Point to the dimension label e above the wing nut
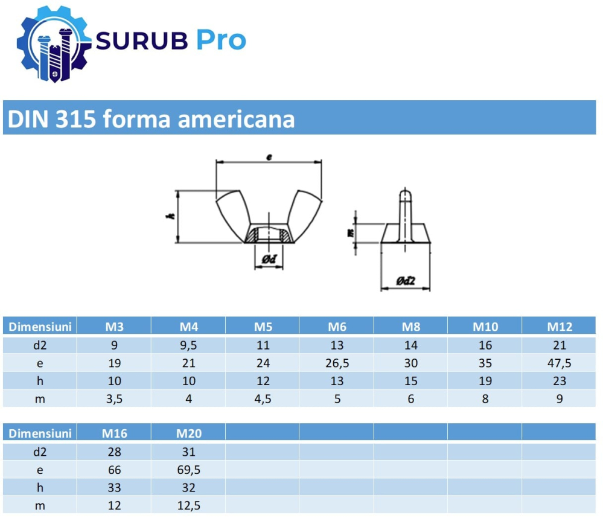click(x=269, y=157)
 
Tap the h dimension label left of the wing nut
click(x=171, y=217)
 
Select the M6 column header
click(x=337, y=327)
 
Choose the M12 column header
click(x=560, y=327)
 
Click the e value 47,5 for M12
click(x=560, y=363)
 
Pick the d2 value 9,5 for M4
click(x=188, y=345)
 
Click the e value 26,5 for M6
click(x=337, y=363)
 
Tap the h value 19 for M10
click(x=485, y=381)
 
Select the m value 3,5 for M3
click(x=114, y=399)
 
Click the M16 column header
click(x=114, y=433)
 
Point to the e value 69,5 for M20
click(x=188, y=470)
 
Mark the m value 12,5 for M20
click(x=188, y=506)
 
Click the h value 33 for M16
click(x=114, y=488)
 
